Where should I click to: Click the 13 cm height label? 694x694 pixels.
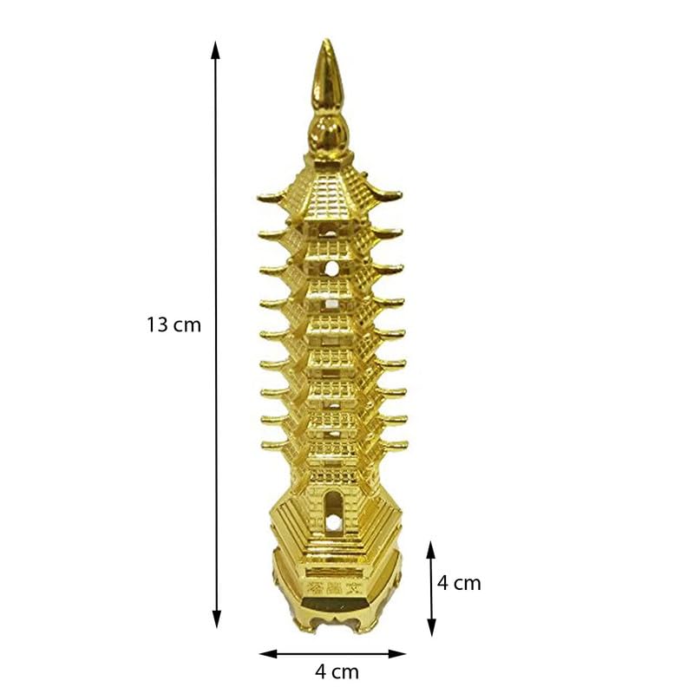coord(173,325)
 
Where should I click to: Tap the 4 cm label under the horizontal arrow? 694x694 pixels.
coord(337,671)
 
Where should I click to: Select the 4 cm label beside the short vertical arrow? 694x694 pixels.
coord(459,583)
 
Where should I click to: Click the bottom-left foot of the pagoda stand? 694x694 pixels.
coord(298,626)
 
